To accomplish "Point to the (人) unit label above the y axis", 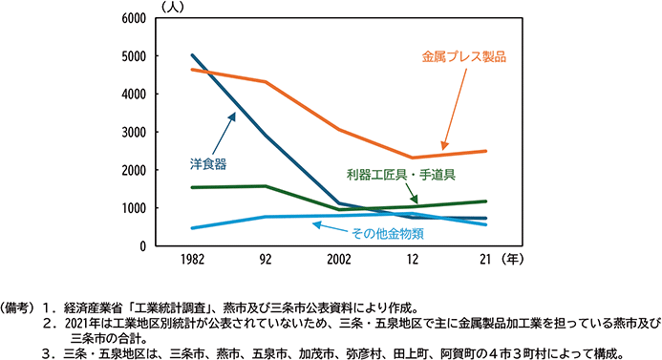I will pyautogui.click(x=175, y=7).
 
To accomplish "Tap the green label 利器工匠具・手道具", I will pyautogui.click(x=399, y=175).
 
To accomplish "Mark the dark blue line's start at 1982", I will pyautogui.click(x=193, y=55).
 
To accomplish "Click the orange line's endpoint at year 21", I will pyautogui.click(x=486, y=151).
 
